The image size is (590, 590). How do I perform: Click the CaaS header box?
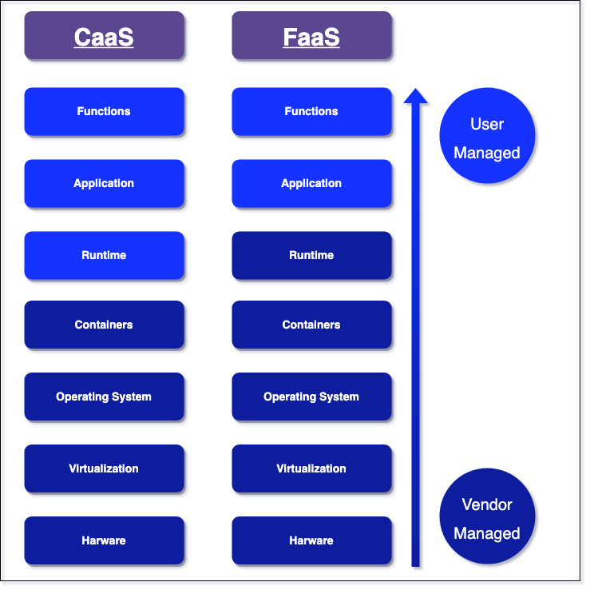(104, 36)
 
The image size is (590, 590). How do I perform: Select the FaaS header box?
(311, 36)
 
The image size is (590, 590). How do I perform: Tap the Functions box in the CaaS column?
(104, 111)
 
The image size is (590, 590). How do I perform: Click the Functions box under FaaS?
(311, 111)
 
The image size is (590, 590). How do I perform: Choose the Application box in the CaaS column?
(104, 183)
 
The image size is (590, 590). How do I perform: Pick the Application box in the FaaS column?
(311, 183)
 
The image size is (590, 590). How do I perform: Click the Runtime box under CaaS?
(104, 255)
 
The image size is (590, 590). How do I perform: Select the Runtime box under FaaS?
(311, 255)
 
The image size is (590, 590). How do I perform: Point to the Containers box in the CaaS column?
(104, 325)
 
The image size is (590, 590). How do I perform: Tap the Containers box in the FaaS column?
(311, 325)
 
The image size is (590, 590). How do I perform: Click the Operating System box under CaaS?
(104, 397)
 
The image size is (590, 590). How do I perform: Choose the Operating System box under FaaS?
(311, 397)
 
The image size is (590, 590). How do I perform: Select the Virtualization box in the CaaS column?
(104, 468)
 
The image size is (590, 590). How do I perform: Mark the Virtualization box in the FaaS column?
(311, 468)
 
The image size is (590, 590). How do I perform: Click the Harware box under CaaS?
(104, 540)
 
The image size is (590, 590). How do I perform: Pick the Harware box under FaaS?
(311, 540)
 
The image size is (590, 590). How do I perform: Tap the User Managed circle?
(487, 138)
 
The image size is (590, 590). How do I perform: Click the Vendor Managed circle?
(487, 518)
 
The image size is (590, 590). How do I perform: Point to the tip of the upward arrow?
(417, 90)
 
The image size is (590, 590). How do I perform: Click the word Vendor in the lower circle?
(487, 504)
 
